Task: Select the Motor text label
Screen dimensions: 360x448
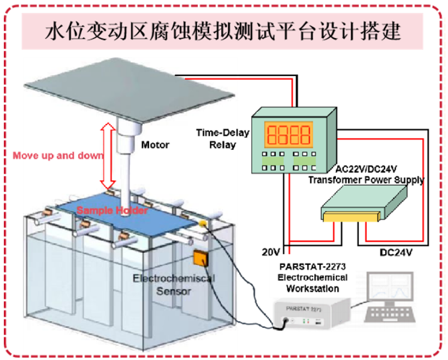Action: pos(155,146)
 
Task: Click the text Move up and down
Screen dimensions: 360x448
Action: pos(58,156)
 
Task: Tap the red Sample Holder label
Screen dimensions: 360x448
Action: pos(111,210)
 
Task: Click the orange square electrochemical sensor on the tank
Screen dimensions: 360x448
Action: pos(201,257)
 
